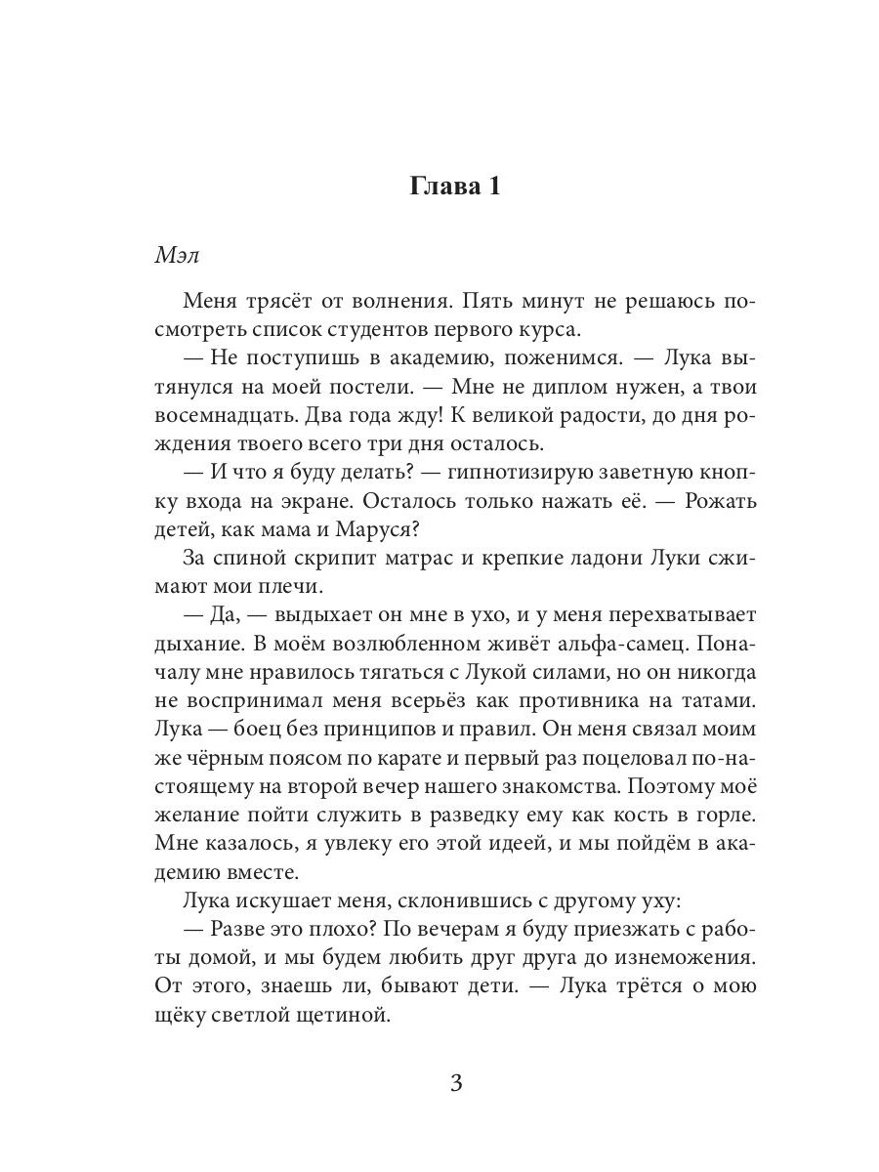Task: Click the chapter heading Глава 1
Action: (455, 187)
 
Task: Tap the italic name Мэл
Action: (178, 254)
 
